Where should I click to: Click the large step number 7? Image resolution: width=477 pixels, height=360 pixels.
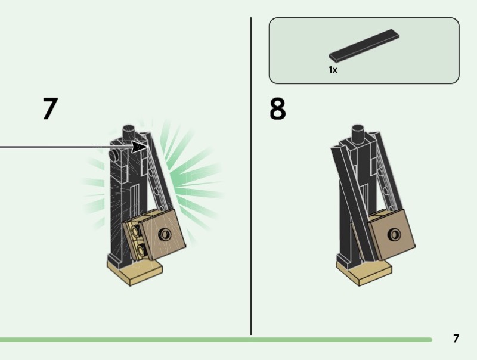coord(50,108)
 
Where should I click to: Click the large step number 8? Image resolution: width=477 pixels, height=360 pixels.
coord(277,108)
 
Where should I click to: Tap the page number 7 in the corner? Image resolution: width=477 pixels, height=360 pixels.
coord(456,339)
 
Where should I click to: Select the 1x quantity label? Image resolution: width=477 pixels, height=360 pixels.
coord(333,70)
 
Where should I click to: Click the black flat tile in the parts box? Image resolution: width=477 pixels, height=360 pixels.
coord(364,45)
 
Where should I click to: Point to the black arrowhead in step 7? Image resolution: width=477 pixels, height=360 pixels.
coord(140,147)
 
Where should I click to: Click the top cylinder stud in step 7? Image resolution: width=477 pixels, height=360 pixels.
coord(129,132)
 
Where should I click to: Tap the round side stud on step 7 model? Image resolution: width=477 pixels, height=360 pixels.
coord(113,155)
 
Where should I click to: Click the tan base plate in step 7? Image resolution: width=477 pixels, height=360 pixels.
coord(135,272)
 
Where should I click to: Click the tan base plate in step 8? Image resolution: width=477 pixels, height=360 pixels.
coord(364,272)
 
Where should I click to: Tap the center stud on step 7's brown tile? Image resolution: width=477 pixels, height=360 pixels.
coord(165,234)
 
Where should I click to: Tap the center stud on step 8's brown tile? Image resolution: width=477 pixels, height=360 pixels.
coord(394,234)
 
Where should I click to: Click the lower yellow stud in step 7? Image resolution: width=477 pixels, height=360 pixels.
coord(141,250)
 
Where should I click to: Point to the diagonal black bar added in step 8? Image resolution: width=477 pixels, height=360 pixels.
coord(354,204)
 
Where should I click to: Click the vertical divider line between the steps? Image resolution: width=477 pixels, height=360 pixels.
coord(251,176)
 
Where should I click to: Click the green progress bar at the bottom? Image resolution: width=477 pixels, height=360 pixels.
coord(216,340)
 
